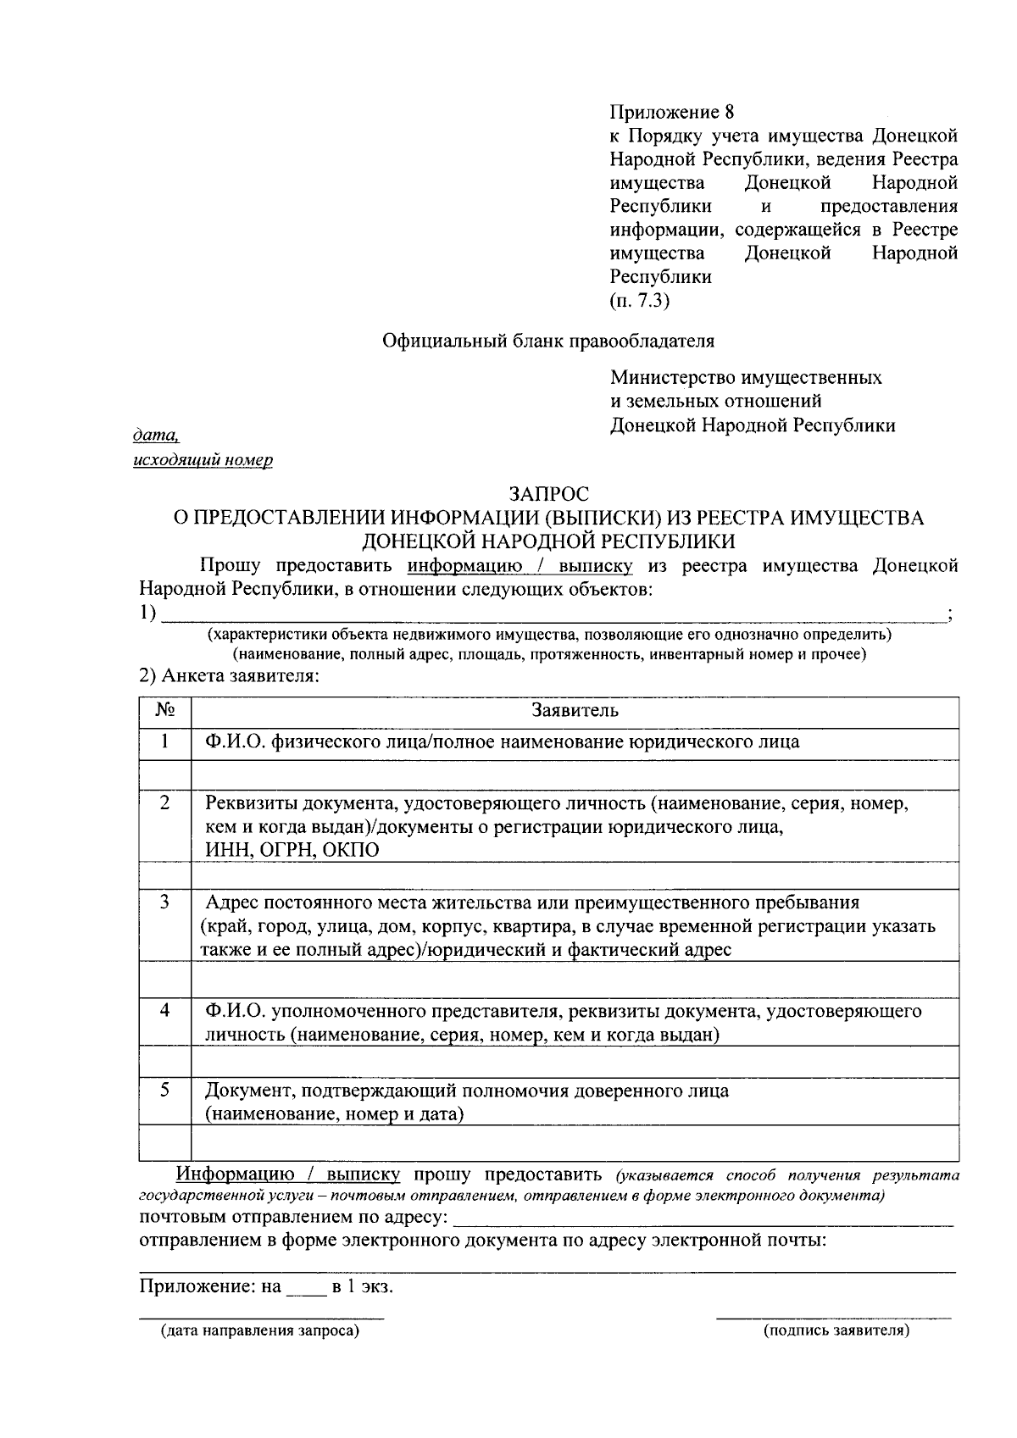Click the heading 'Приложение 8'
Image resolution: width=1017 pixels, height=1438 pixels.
[670, 112]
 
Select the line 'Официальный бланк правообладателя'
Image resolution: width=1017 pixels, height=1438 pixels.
[548, 341]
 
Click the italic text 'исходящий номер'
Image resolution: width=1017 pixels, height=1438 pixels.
[203, 460]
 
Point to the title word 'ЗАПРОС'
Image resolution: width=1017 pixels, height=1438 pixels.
[548, 493]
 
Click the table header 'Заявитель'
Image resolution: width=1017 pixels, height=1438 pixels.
[575, 710]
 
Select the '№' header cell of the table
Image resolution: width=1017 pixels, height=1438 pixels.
[165, 710]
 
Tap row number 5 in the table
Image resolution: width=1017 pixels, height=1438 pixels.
[164, 1090]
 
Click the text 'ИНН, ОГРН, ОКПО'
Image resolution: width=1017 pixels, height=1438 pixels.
[292, 850]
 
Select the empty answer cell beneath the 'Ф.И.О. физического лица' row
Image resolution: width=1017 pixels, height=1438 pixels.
[575, 775]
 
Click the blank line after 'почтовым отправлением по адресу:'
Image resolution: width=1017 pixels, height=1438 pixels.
[703, 1220]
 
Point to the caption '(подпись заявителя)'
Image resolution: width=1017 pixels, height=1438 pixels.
[836, 1331]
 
